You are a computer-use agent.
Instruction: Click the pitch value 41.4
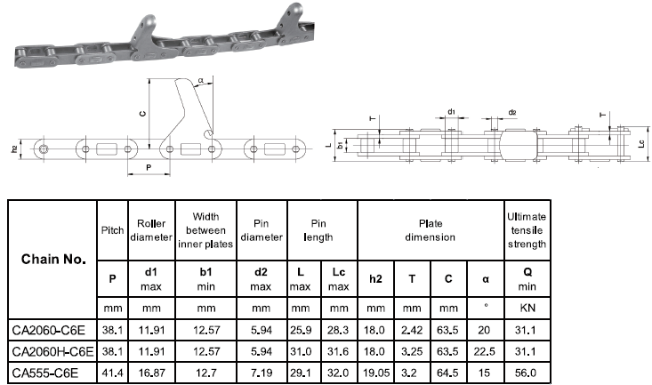coord(112,371)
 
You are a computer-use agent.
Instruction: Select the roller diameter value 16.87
coord(150,371)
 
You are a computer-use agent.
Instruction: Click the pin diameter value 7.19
coord(262,371)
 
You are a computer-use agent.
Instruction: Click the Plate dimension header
coord(430,229)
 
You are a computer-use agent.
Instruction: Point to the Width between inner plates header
coord(205,229)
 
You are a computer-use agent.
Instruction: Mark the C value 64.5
coord(448,371)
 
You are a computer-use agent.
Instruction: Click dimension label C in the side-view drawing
coord(142,113)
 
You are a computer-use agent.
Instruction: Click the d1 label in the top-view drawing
coord(451,112)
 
